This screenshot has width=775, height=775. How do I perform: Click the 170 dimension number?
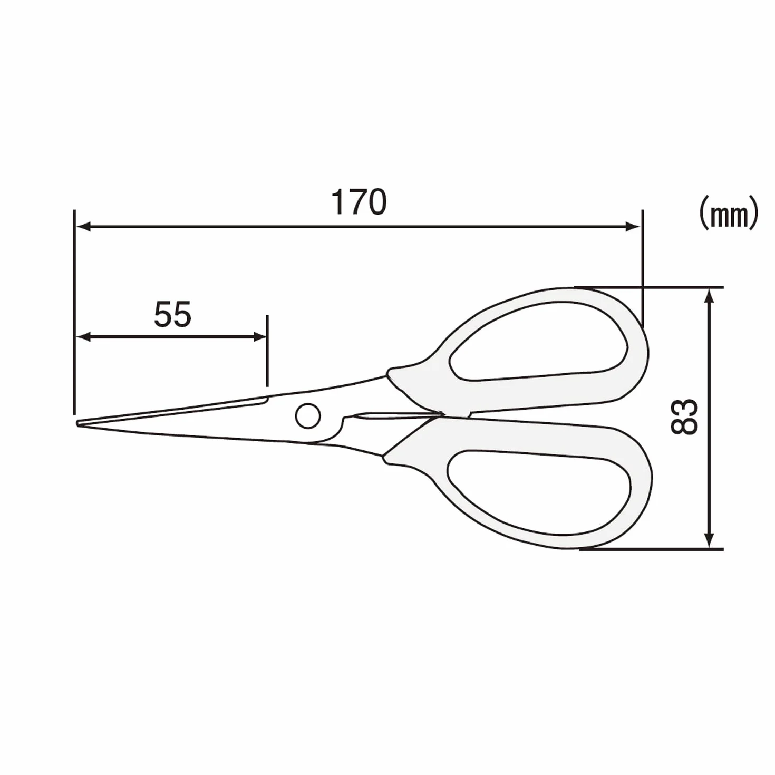(359, 202)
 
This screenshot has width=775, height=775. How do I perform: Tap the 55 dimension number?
(173, 314)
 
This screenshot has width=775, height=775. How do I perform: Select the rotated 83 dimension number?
(684, 416)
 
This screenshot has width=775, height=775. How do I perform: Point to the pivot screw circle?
(308, 415)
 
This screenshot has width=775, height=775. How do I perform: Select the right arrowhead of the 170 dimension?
(632, 227)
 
